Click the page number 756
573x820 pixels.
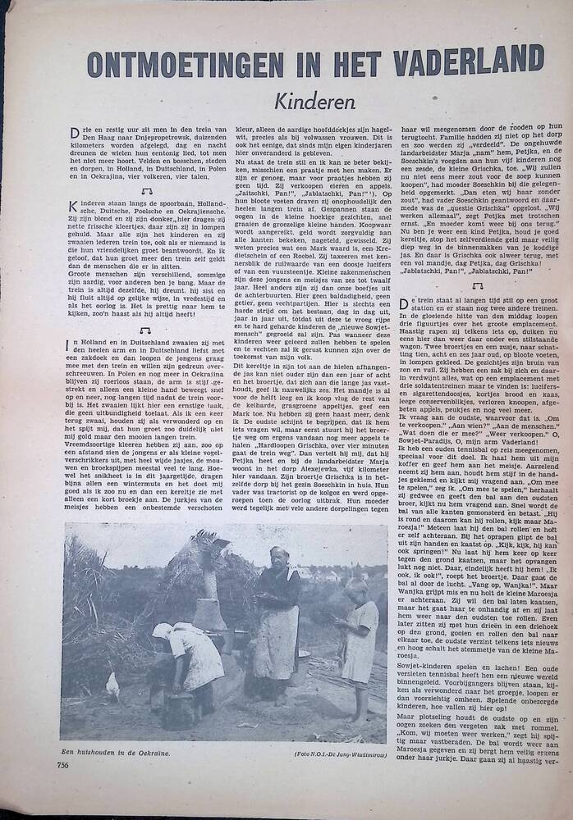(x=63, y=766)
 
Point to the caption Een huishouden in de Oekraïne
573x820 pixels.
(x=114, y=752)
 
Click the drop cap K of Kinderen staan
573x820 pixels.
(x=74, y=205)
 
